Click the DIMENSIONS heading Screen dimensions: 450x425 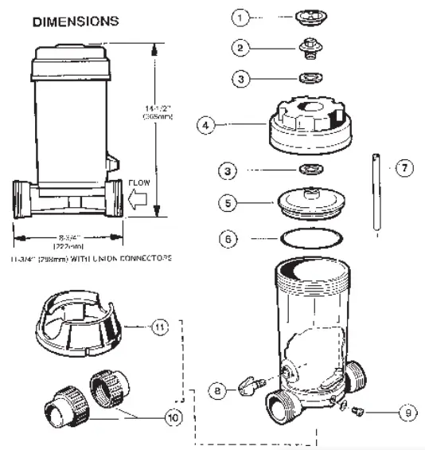click(x=76, y=20)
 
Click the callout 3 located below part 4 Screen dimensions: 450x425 click(x=228, y=170)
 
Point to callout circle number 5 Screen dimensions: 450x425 click(x=228, y=204)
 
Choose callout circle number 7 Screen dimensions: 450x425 click(x=404, y=168)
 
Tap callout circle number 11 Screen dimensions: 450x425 click(x=160, y=327)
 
